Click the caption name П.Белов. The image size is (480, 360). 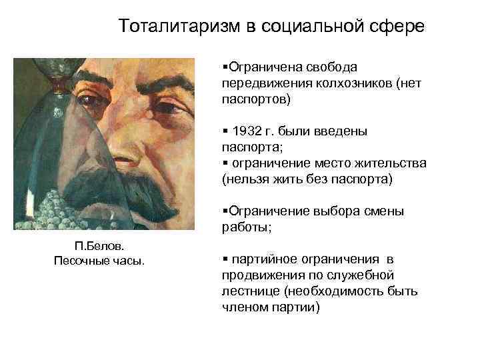[99, 247]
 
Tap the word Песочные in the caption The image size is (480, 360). [79, 260]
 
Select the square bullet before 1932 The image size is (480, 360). [224, 131]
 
